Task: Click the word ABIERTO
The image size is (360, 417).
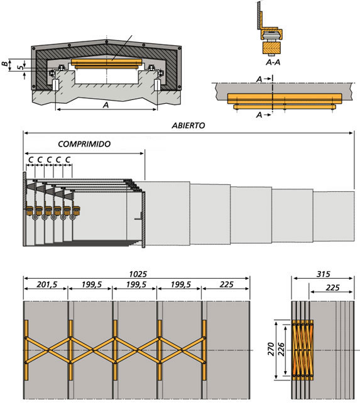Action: [188, 126]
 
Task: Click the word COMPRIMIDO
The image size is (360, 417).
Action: [84, 144]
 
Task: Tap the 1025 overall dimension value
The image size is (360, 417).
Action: [138, 274]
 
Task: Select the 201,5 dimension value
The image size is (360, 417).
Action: [46, 284]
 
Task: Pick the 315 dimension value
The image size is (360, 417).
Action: [324, 274]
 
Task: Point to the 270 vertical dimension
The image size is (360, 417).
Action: [271, 349]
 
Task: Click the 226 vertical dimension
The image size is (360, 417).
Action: [281, 350]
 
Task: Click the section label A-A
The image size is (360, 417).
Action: [273, 62]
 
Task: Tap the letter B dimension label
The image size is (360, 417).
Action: [4, 64]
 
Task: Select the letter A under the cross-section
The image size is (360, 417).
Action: [106, 105]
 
